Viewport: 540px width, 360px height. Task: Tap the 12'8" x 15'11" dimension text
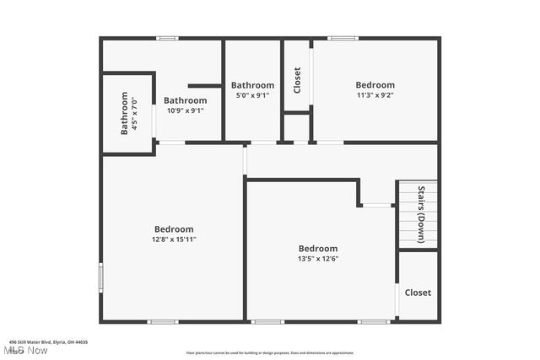coord(174,239)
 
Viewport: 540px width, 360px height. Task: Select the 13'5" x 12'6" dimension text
coord(318,259)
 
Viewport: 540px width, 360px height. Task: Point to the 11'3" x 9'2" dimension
coord(375,95)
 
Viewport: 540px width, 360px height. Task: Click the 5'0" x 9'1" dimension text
coord(252,95)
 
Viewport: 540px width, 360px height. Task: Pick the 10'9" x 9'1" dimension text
coord(185,110)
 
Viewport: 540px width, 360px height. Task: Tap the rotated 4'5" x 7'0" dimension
coord(135,114)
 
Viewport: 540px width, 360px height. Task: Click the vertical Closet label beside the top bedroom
coord(297,81)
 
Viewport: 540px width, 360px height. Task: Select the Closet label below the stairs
coord(418,293)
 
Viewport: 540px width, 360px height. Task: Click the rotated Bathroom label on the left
coord(124,114)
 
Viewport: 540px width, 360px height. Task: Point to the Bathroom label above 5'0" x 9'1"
coord(252,85)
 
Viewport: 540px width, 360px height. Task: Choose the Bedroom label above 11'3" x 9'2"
coord(375,85)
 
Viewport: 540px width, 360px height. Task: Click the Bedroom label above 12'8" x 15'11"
coord(174,229)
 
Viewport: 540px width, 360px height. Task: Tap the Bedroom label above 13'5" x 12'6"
coord(318,249)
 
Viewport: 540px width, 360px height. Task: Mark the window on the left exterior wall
coord(100,277)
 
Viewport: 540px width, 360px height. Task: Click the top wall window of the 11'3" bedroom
coord(343,38)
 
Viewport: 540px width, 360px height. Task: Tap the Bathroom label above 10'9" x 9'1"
coord(185,99)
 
